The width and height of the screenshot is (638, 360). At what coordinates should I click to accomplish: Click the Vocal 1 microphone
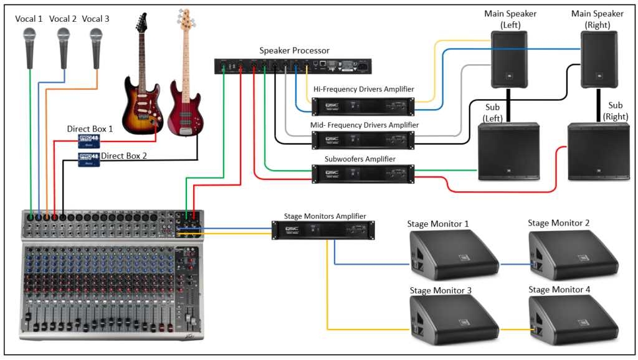click(x=29, y=47)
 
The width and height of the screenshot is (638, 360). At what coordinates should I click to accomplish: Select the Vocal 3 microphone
click(x=96, y=47)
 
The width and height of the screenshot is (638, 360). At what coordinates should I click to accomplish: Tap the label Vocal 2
click(x=63, y=19)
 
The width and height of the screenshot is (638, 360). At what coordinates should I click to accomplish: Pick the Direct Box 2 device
click(x=88, y=160)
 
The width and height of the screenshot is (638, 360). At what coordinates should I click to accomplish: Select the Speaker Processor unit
click(x=292, y=65)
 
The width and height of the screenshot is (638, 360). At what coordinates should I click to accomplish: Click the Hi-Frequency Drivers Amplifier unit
click(x=363, y=107)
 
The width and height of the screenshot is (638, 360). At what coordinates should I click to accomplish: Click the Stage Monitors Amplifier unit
click(x=325, y=230)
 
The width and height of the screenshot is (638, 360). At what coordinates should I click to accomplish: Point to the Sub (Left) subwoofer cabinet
click(x=508, y=151)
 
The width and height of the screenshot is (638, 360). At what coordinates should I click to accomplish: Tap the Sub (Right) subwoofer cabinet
click(x=599, y=151)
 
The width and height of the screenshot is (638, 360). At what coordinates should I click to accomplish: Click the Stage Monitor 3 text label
click(x=440, y=290)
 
